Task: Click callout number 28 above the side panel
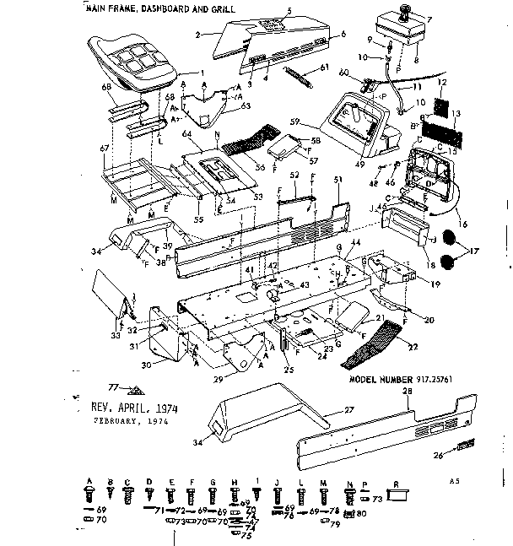pos(408,392)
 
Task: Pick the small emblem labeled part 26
pos(466,446)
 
